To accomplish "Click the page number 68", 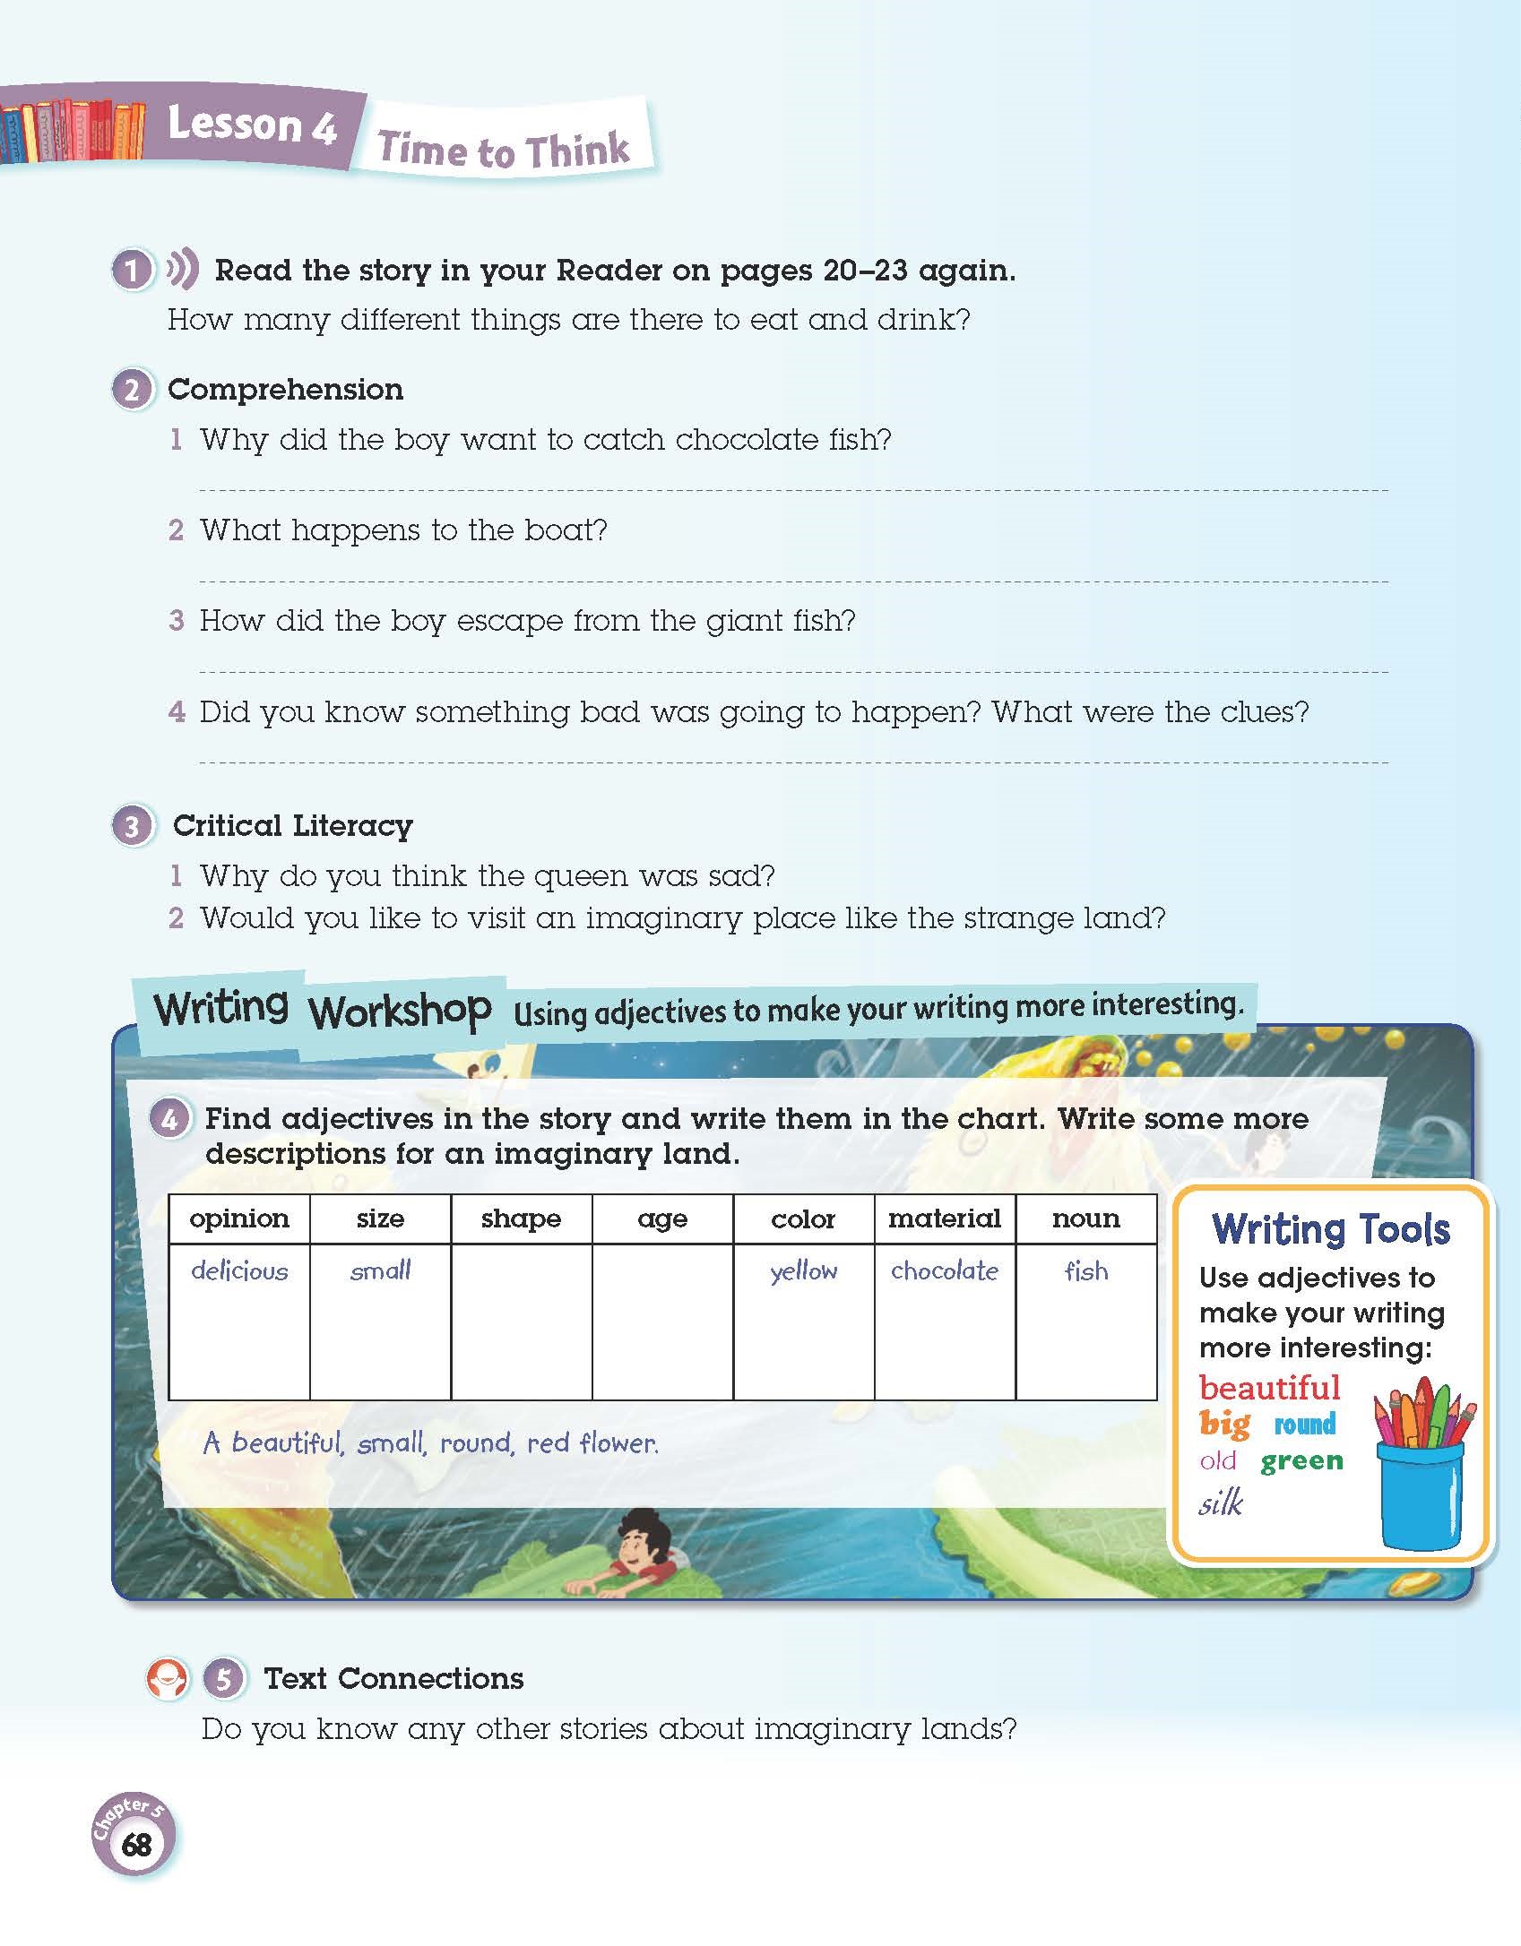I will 136,1845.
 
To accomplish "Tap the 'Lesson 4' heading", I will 252,125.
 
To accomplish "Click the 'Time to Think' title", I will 504,150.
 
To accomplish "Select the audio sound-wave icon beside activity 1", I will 182,269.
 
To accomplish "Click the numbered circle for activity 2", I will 133,391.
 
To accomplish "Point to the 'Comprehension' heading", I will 285,390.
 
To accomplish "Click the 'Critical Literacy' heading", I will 292,825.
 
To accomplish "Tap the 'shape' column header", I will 521,1218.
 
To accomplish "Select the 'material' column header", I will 944,1218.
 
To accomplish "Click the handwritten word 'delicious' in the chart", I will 239,1270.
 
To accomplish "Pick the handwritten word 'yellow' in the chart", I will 803,1271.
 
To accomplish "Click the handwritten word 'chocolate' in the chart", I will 944,1270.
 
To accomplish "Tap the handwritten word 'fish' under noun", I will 1085,1271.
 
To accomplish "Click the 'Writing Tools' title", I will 1330,1228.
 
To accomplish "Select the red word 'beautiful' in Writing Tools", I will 1269,1388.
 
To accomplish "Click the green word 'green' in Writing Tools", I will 1301,1460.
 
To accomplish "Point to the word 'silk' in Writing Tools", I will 1221,1503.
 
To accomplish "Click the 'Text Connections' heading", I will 393,1678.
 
